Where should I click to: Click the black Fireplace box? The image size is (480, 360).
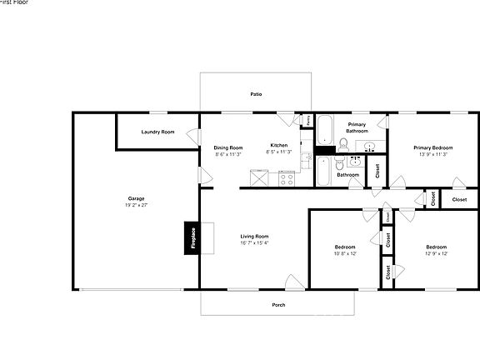click(190, 237)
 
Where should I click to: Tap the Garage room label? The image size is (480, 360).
click(136, 198)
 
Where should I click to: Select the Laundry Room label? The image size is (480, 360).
click(157, 132)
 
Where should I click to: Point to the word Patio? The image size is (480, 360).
click(257, 94)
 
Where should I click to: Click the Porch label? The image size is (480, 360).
click(278, 305)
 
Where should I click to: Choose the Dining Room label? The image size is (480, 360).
click(228, 147)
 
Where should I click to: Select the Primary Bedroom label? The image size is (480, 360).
click(433, 147)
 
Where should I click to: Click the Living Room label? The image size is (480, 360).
click(255, 237)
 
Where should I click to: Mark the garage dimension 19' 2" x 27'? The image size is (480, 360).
click(136, 205)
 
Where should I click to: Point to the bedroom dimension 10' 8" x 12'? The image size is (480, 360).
click(345, 253)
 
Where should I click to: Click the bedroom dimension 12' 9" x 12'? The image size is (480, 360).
click(437, 253)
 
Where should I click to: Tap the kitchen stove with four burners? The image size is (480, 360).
click(287, 177)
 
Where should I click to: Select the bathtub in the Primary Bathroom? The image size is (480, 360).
click(325, 130)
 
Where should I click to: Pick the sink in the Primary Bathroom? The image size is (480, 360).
click(369, 147)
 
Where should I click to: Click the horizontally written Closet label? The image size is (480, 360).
click(459, 200)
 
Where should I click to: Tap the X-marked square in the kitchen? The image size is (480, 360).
click(261, 177)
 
